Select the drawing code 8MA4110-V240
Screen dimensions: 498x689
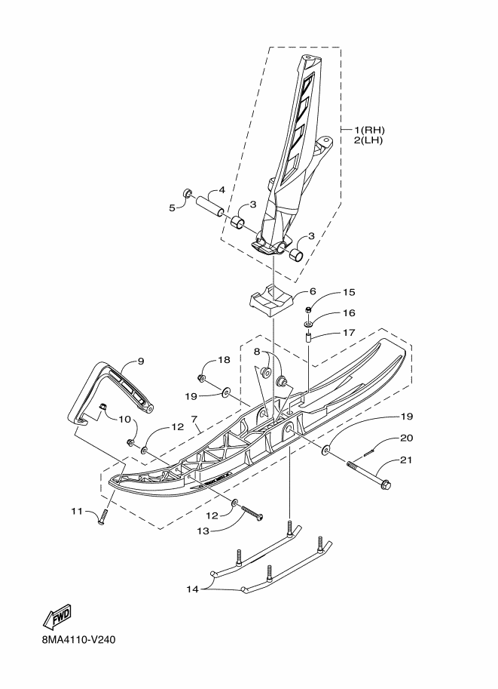pos(79,640)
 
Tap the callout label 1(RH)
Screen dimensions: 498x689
pos(369,130)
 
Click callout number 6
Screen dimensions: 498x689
pos(313,291)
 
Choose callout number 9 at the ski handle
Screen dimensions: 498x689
pos(140,361)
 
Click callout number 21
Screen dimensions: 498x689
pos(406,460)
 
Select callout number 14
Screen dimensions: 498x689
pos(193,589)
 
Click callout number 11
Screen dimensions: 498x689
pos(77,511)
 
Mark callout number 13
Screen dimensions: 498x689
pos(203,531)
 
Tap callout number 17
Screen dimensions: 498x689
pos(349,332)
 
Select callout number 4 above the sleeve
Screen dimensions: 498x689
pos(222,190)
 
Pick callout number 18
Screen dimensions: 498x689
pos(224,360)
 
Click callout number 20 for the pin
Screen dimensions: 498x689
pos(406,438)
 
